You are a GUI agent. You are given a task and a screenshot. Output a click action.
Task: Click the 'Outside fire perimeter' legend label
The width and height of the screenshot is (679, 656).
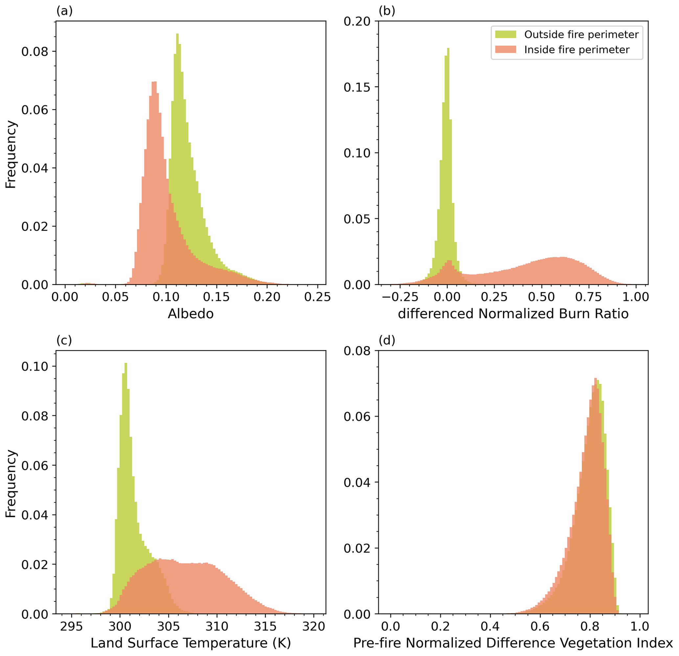coord(581,35)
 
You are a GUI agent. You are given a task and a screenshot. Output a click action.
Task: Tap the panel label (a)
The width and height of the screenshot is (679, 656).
coord(64,12)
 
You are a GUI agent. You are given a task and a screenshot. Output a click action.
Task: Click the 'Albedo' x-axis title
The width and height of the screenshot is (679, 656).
coord(191,314)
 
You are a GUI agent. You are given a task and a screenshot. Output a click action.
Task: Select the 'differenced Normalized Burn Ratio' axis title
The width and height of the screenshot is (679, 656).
coord(513,314)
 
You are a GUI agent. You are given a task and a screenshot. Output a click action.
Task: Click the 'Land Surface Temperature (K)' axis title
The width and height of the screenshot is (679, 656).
coord(191,643)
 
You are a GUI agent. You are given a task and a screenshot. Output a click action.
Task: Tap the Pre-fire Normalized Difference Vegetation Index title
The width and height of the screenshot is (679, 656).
coord(513,643)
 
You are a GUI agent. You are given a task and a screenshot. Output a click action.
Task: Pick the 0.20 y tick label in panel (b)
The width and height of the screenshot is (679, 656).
coord(357,21)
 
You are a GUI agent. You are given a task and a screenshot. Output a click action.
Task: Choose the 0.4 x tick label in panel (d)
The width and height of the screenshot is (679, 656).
coord(490,626)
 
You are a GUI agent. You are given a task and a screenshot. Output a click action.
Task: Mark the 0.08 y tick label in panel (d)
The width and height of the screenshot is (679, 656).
coord(357,351)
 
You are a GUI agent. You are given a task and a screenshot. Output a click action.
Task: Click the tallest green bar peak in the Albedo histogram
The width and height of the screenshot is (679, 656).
coord(177,34)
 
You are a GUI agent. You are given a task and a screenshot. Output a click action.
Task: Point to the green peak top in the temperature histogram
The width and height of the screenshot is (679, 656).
coord(126,364)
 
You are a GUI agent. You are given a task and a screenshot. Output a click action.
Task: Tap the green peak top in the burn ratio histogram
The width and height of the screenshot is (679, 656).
coord(448,49)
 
